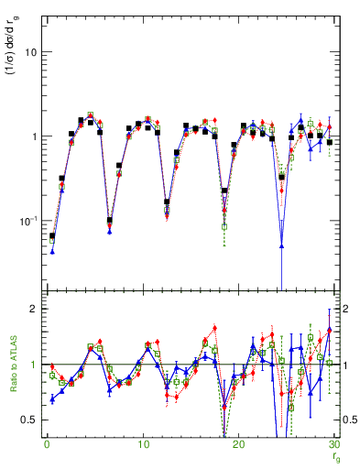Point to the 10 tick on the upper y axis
point(30,52)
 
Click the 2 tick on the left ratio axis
point(33,310)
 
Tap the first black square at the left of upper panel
point(52,236)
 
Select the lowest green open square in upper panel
point(224,226)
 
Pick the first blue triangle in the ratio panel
point(52,399)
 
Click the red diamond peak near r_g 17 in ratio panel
point(214,328)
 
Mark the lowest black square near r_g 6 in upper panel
point(110,220)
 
